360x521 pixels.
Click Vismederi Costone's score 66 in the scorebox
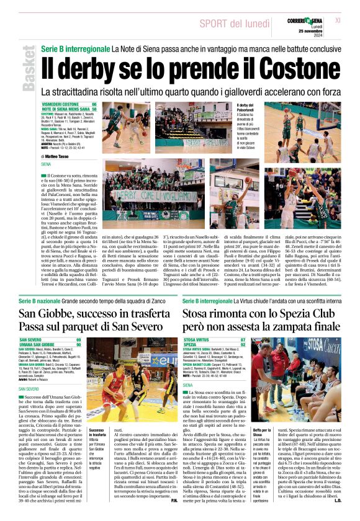(x=94, y=104)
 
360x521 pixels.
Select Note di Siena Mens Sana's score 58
(x=94, y=109)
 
